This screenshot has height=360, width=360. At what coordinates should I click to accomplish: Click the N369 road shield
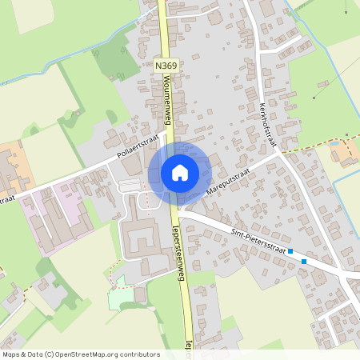166,66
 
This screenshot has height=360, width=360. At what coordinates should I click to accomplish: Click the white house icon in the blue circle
178,172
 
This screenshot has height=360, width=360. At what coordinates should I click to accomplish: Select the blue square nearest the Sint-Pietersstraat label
290,251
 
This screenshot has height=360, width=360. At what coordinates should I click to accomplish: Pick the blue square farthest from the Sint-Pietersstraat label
304,261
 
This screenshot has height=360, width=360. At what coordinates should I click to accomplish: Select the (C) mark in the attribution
49,354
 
